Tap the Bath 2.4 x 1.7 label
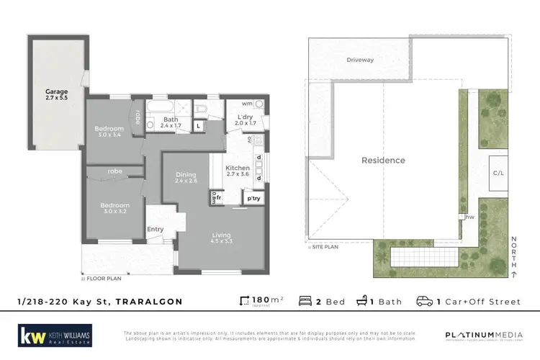coord(171,123)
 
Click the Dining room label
coord(186,177)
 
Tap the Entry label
coord(156,230)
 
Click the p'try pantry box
coord(253,197)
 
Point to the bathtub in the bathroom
coord(157,109)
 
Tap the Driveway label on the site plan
coord(359,60)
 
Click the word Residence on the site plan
coord(383,160)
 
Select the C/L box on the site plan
coord(498,173)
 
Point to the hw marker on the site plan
coord(469,216)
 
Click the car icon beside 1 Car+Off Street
coord(426,301)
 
